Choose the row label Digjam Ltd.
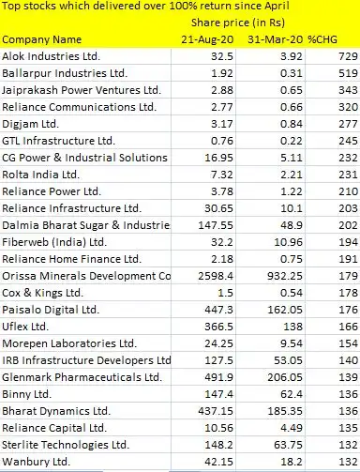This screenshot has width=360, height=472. click(30, 124)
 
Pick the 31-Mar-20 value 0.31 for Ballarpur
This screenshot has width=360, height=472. click(289, 73)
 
